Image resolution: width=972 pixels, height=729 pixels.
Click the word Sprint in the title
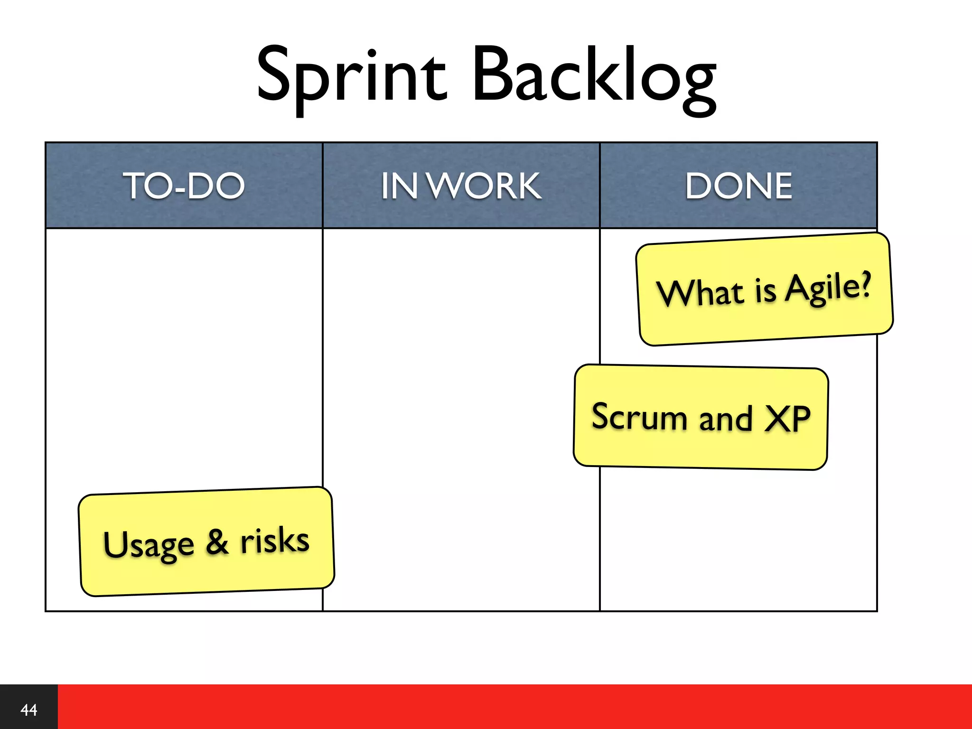tap(351, 76)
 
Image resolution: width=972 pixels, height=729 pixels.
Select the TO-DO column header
tap(184, 186)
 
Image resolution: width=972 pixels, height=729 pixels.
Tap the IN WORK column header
tap(461, 186)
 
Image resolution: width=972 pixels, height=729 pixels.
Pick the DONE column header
tap(738, 186)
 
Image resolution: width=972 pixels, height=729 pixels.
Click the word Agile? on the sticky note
tap(828, 287)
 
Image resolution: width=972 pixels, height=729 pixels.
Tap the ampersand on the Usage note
tap(217, 542)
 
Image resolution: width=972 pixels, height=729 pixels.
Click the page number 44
tap(28, 710)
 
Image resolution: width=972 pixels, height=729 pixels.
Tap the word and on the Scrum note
tap(725, 418)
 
